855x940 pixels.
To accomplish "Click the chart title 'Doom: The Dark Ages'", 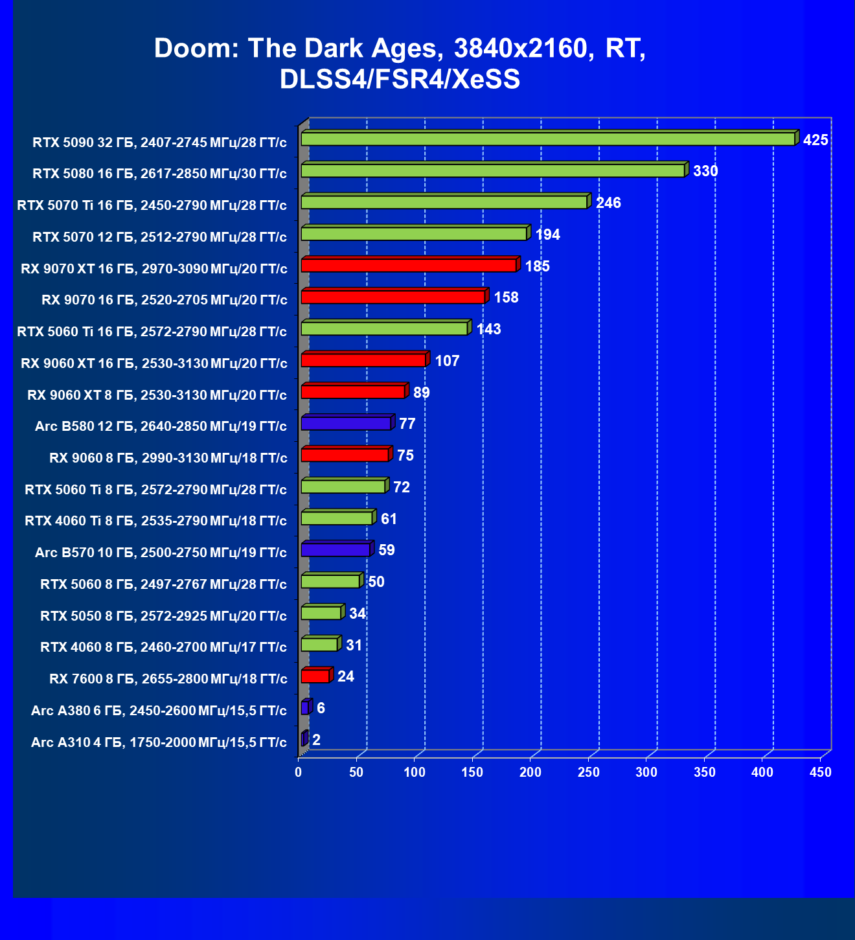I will (x=400, y=63).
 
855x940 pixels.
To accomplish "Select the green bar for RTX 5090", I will (x=547, y=139).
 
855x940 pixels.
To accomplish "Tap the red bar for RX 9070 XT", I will (x=408, y=266).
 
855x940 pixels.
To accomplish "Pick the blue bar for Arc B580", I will (x=346, y=424).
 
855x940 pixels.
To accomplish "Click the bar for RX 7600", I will (x=315, y=676).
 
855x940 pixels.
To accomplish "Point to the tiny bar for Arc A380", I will (x=305, y=708).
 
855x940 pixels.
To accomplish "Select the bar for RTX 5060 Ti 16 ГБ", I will (x=384, y=329).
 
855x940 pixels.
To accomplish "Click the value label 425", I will (x=815, y=140).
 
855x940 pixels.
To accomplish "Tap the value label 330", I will (x=705, y=171).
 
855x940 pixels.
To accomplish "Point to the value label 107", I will (x=447, y=361).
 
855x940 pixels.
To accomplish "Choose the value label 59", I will (x=387, y=550).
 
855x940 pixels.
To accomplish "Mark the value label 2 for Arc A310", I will (x=316, y=740).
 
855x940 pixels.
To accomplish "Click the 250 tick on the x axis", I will (x=588, y=772).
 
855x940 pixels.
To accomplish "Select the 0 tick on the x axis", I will (x=298, y=772).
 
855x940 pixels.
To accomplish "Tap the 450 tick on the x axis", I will (x=820, y=772).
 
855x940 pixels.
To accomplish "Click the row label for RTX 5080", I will (x=159, y=174).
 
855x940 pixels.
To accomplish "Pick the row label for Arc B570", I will (x=161, y=553).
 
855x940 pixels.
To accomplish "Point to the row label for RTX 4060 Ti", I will (x=155, y=521).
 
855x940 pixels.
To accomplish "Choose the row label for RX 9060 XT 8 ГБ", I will (x=157, y=395).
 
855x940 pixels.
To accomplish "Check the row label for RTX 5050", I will (x=163, y=615).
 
